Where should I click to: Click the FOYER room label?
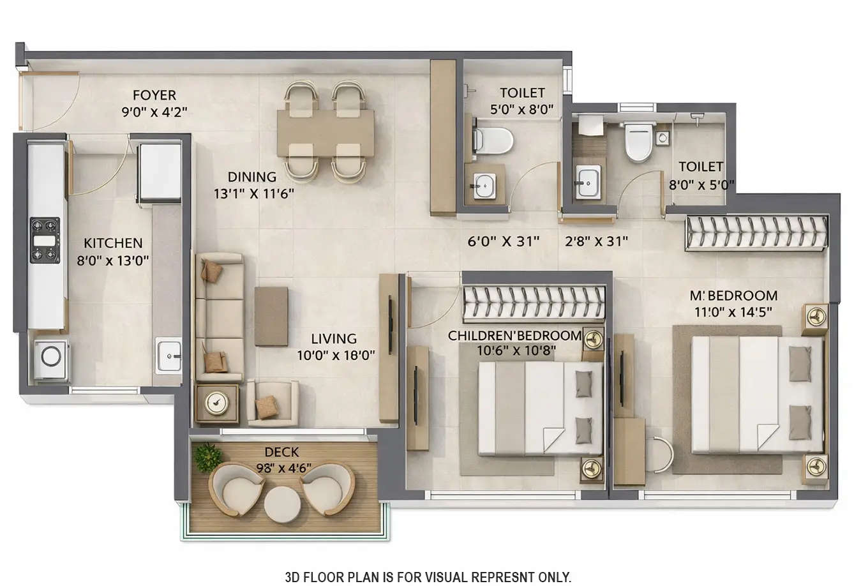(154, 95)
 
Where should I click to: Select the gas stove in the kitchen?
(45, 240)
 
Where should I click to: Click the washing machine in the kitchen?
(50, 356)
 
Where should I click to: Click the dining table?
(326, 132)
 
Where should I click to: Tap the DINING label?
(252, 177)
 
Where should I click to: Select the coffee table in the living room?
(271, 316)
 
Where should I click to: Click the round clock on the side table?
(217, 403)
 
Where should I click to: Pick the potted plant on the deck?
(207, 457)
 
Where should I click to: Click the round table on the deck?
(282, 504)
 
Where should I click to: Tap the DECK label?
(281, 452)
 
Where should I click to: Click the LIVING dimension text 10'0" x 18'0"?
(335, 355)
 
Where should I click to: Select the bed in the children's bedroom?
(540, 409)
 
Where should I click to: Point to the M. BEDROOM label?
(733, 296)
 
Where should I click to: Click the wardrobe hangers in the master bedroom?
(756, 233)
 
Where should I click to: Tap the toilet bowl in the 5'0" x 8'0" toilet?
(495, 140)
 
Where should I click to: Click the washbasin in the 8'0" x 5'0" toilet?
(587, 181)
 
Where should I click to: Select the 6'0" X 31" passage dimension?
(504, 241)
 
